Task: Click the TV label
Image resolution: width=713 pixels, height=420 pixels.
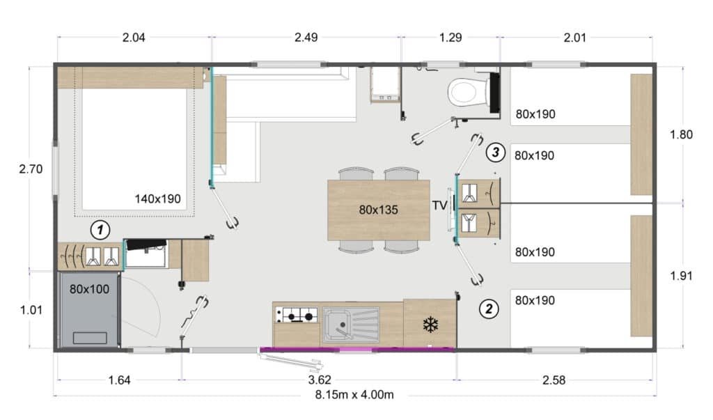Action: pyautogui.click(x=439, y=205)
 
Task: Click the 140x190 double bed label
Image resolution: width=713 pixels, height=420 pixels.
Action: pyautogui.click(x=157, y=199)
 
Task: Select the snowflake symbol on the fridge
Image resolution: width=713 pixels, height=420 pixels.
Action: pyautogui.click(x=429, y=324)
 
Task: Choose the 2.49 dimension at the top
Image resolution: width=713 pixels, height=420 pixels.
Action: pyautogui.click(x=306, y=38)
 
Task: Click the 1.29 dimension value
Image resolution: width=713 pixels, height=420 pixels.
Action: pyautogui.click(x=450, y=38)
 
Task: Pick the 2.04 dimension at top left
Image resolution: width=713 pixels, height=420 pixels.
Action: pyautogui.click(x=133, y=38)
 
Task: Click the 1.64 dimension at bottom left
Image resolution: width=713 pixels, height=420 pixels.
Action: pyautogui.click(x=118, y=380)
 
